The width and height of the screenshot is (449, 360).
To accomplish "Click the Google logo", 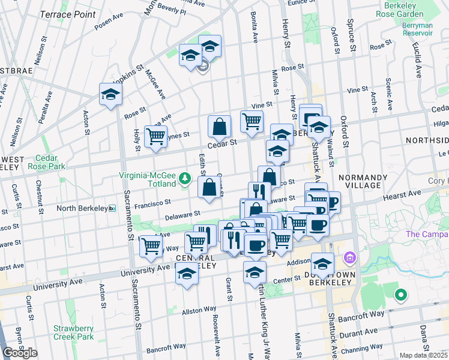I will (20, 353).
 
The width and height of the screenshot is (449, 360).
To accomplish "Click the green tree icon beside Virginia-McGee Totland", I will (185, 179).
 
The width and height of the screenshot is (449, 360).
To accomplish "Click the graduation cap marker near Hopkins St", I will (110, 94).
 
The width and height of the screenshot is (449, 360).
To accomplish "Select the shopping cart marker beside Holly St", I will (155, 136).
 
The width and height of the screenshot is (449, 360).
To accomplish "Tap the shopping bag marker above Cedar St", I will (220, 126).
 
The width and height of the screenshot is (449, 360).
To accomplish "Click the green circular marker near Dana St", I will (400, 295).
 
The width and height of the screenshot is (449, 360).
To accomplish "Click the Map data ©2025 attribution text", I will (423, 355).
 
